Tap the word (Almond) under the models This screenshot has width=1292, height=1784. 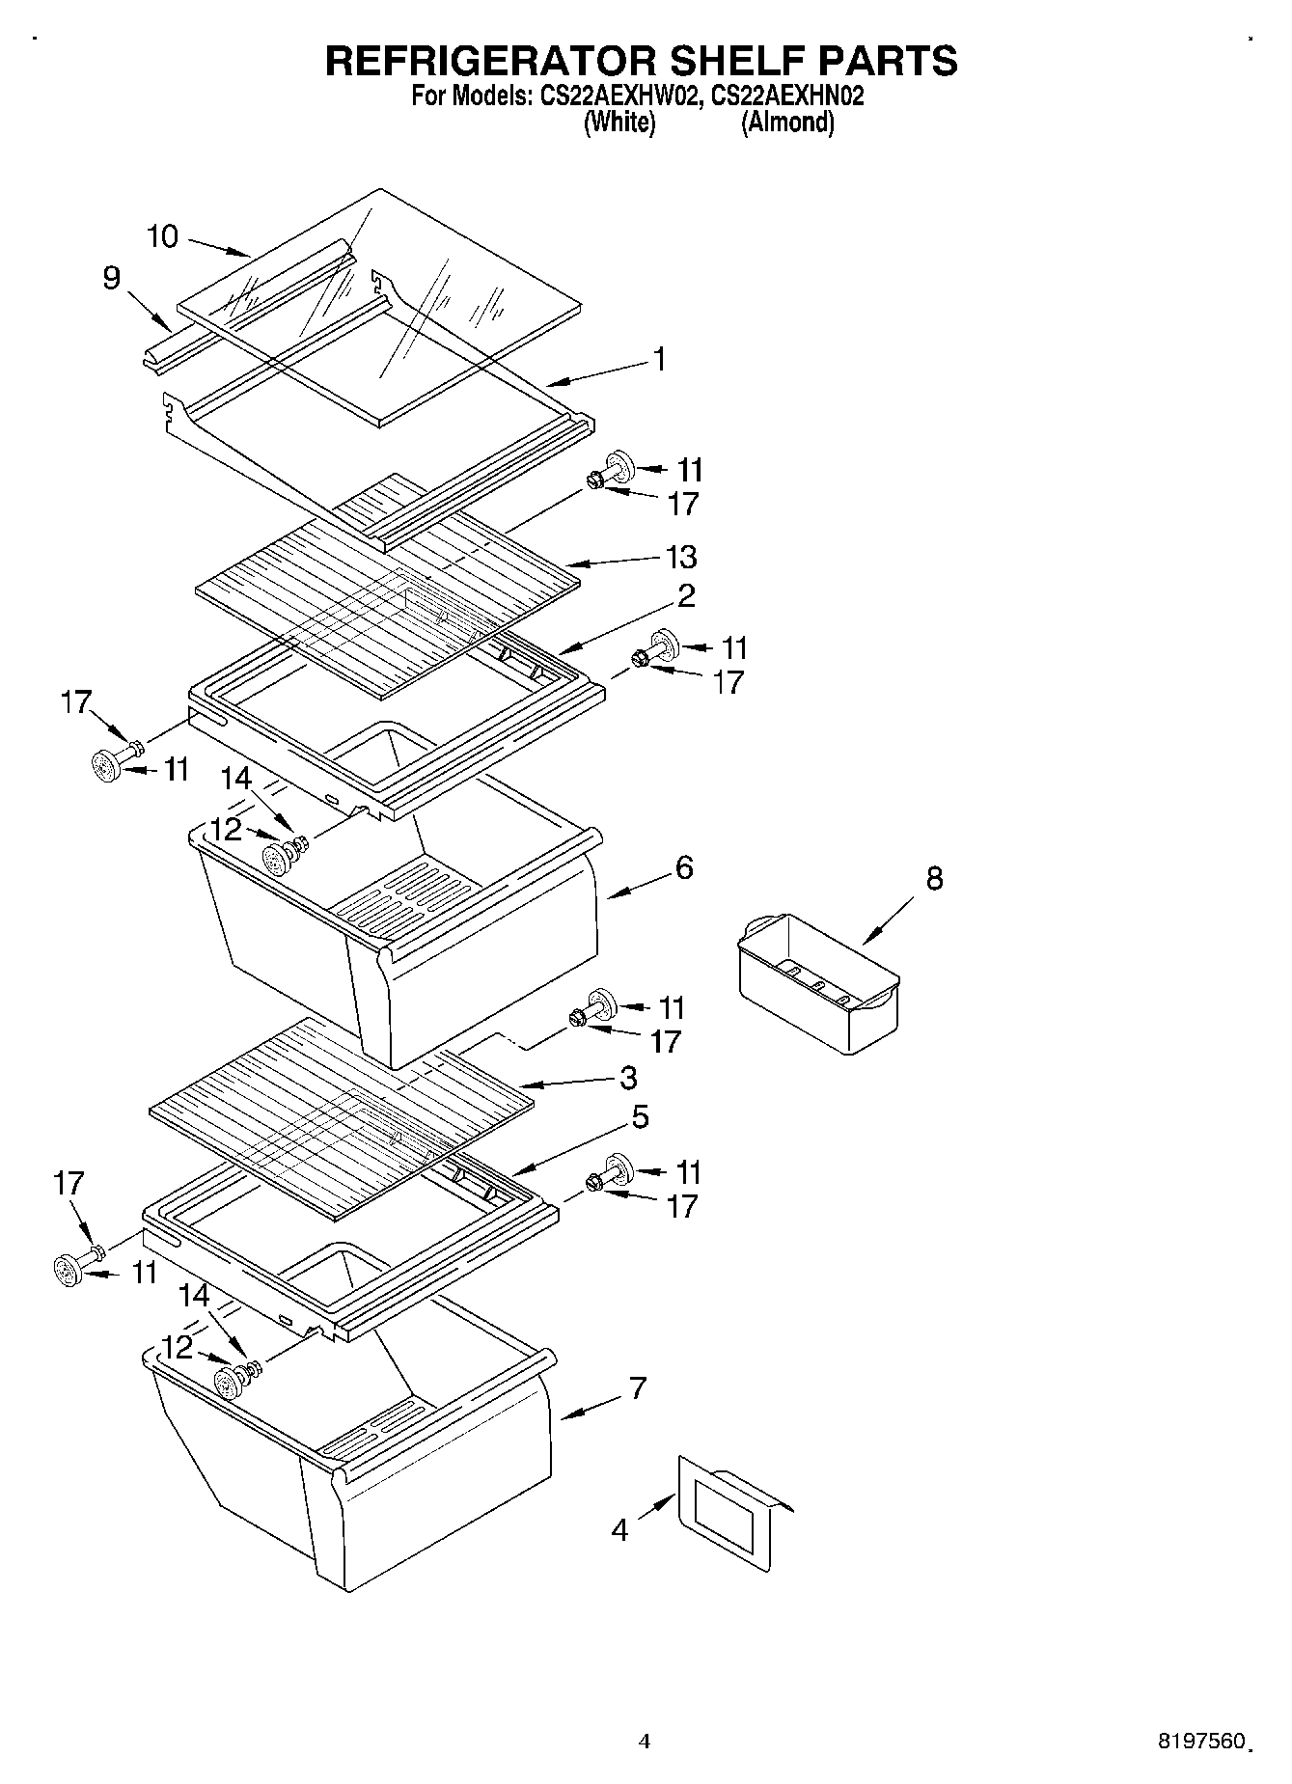click(786, 123)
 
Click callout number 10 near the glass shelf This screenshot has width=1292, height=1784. click(163, 236)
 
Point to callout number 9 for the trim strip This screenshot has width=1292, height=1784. click(112, 278)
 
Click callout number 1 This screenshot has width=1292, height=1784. click(659, 359)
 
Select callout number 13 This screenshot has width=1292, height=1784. click(681, 557)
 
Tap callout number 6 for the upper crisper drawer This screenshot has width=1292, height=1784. click(683, 867)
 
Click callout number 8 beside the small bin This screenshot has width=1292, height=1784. click(934, 878)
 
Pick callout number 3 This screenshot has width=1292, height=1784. click(628, 1077)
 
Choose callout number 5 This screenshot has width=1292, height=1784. click(640, 1117)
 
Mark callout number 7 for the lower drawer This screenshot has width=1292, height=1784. click(637, 1388)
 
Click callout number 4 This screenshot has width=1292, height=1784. click(619, 1530)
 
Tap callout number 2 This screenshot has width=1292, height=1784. click(686, 595)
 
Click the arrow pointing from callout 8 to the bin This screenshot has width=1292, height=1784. click(888, 921)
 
